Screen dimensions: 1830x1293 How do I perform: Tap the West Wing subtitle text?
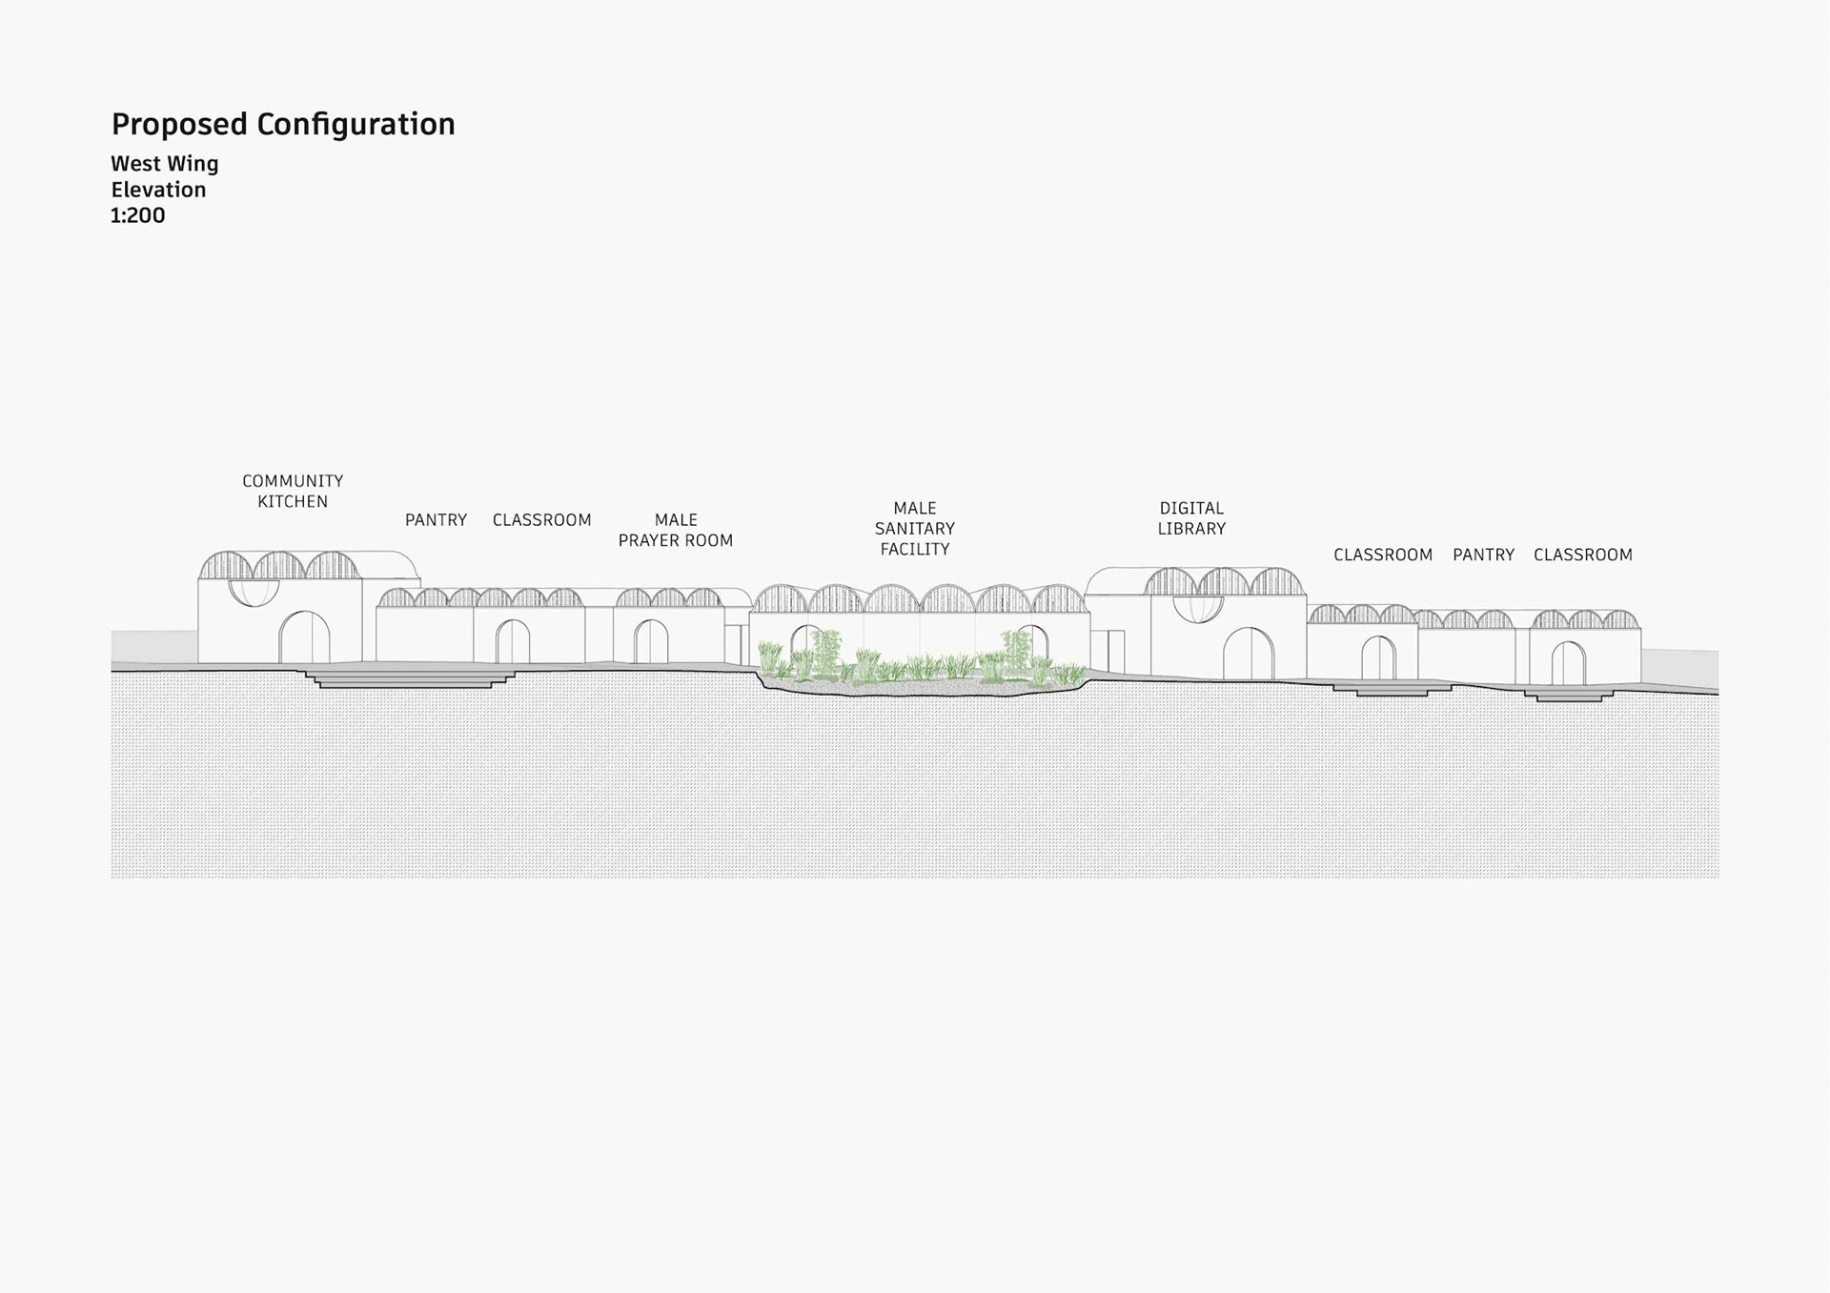coord(164,164)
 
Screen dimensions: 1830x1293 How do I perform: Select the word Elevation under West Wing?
coord(158,190)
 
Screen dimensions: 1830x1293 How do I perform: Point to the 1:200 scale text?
coord(137,215)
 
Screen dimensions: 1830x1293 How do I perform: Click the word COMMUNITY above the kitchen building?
coord(293,481)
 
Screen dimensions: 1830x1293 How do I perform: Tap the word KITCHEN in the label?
coord(293,502)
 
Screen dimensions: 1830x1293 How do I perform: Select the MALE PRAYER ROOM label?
coord(676,531)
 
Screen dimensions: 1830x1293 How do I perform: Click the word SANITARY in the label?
coord(915,529)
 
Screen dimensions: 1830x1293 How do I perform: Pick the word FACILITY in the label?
coord(915,550)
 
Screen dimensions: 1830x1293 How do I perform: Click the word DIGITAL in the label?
coord(1191,509)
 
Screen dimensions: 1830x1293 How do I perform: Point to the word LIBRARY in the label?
coord(1191,529)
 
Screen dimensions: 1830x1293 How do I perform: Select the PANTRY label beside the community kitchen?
coord(436,520)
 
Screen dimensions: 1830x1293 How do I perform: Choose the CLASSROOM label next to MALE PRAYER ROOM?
coord(541,520)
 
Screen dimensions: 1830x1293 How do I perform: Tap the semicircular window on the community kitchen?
coord(254,592)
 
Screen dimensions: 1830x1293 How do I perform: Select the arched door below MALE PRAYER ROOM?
coord(651,642)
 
